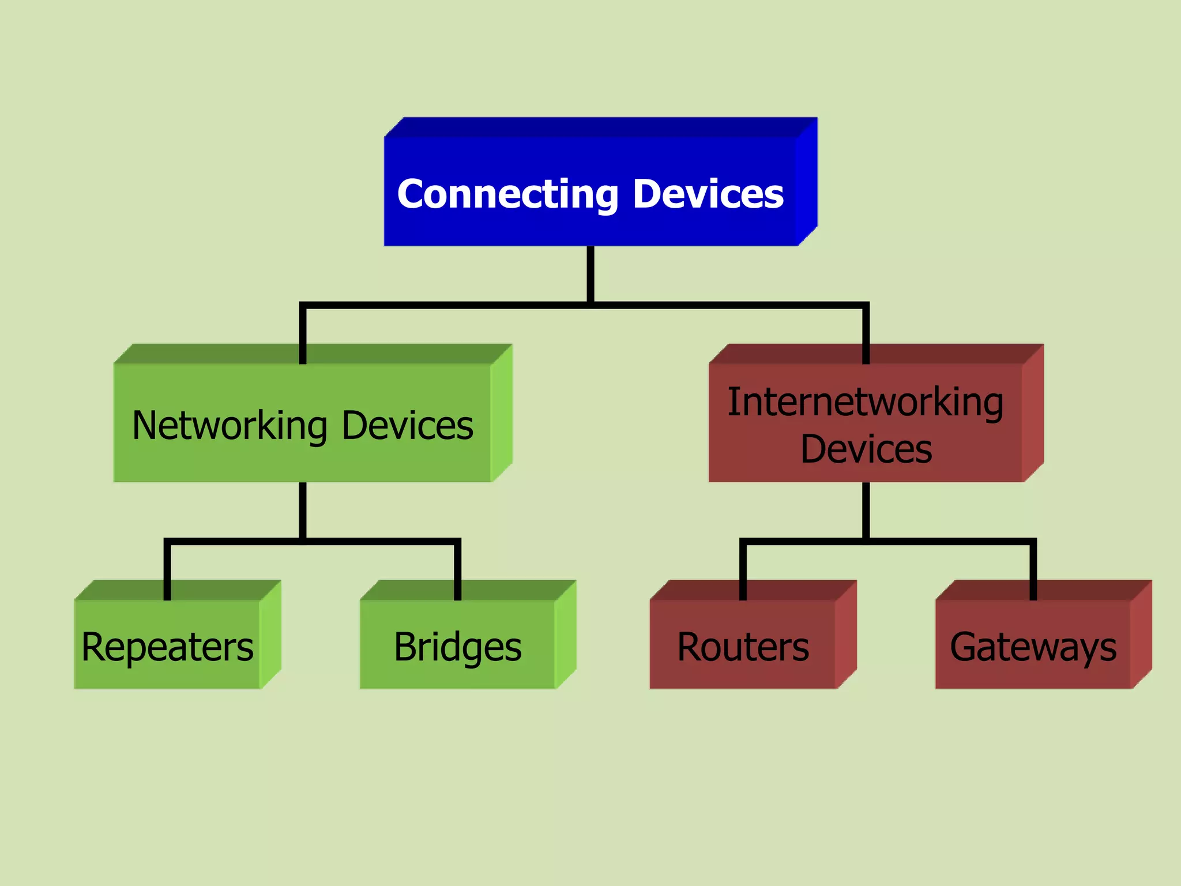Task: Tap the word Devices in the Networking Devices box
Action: click(407, 426)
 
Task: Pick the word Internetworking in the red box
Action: click(865, 402)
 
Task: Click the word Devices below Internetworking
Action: click(866, 449)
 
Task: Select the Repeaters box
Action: click(167, 646)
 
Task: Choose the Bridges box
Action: click(457, 646)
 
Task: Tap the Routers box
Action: click(743, 646)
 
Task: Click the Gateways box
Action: click(1033, 646)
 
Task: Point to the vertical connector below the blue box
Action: click(590, 273)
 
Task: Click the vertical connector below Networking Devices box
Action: click(303, 510)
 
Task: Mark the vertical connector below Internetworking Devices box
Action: click(866, 510)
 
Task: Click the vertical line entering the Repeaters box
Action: click(167, 571)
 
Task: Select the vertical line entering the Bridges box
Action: click(457, 571)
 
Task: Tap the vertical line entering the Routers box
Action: click(743, 571)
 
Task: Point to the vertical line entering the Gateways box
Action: click(1033, 571)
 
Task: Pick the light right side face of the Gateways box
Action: click(1141, 635)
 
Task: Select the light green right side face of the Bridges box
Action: click(565, 635)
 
